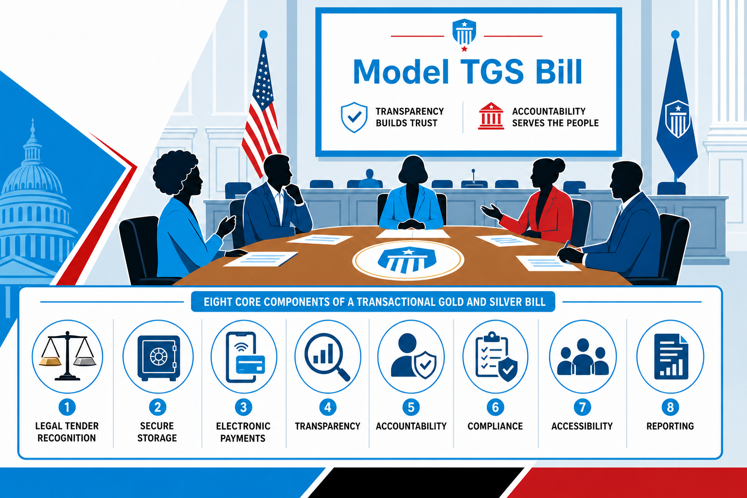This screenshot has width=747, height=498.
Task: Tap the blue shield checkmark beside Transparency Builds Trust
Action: coord(354,117)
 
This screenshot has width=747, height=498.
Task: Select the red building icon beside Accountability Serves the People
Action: coord(491,116)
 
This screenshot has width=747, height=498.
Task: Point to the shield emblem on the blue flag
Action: coord(677,119)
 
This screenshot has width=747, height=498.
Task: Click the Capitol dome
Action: coord(34,187)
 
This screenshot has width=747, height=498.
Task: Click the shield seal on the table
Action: coord(408,260)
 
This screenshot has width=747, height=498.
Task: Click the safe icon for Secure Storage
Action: coord(159,357)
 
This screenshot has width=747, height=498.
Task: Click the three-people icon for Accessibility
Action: coord(583,357)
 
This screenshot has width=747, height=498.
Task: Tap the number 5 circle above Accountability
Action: coord(411,407)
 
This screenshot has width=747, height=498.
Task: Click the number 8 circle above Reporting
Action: coord(670,407)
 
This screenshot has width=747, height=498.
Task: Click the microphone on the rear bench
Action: coord(473,177)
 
